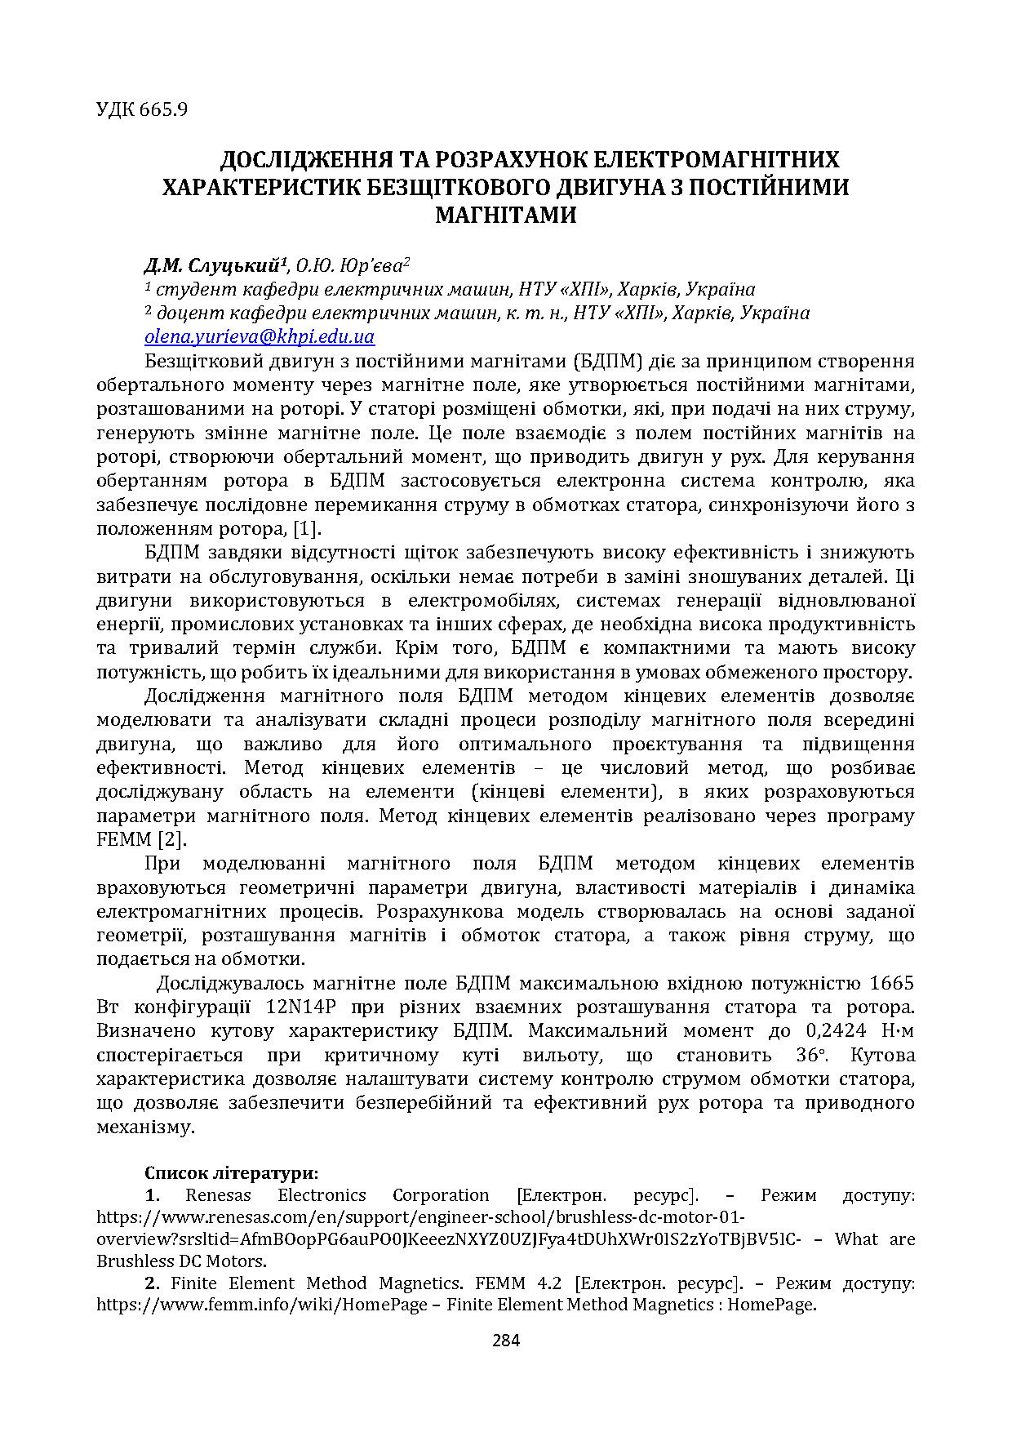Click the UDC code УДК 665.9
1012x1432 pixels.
pyautogui.click(x=142, y=109)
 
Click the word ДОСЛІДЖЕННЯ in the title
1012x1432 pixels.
pyautogui.click(x=306, y=159)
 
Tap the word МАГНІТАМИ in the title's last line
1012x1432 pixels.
pyautogui.click(x=505, y=216)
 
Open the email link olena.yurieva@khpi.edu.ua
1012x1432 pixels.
pyautogui.click(x=260, y=337)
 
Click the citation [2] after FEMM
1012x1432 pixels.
pyautogui.click(x=171, y=839)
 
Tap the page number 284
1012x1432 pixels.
pyautogui.click(x=506, y=1341)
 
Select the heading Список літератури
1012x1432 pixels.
pyautogui.click(x=231, y=1173)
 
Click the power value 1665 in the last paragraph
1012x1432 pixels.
pyautogui.click(x=891, y=983)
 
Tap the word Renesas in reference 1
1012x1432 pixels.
pyautogui.click(x=218, y=1196)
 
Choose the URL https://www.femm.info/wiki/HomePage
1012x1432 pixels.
pyautogui.click(x=262, y=1305)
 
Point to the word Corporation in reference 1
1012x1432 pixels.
pyautogui.click(x=441, y=1196)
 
